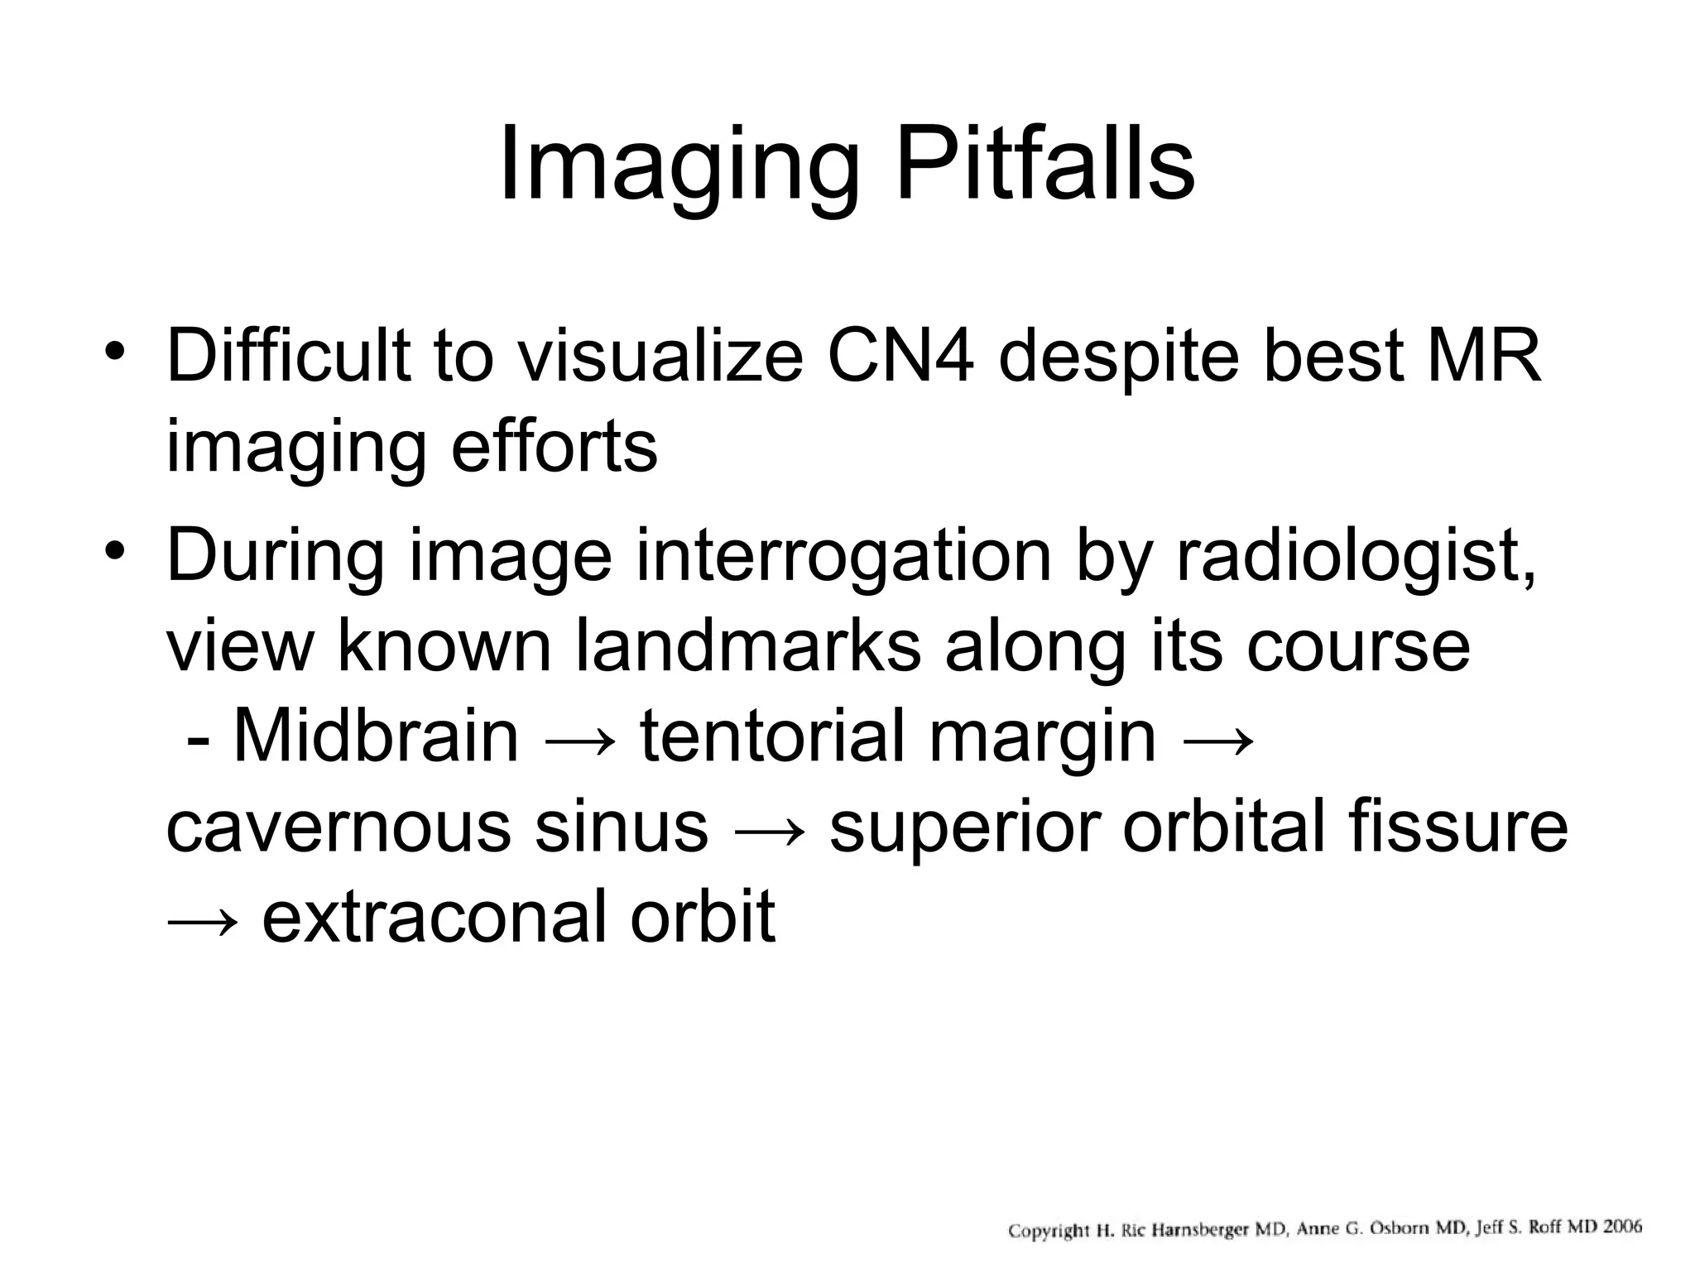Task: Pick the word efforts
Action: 554,447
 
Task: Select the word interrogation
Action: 843,556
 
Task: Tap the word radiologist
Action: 1355,556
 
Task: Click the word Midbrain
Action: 377,736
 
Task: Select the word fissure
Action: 1457,827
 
